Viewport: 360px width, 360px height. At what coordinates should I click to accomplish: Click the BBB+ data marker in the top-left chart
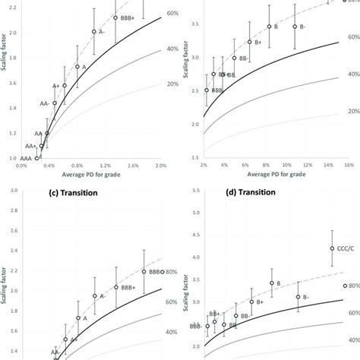click(115, 17)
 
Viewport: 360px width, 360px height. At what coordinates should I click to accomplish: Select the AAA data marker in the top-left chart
click(36, 158)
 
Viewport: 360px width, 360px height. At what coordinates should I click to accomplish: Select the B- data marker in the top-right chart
click(295, 27)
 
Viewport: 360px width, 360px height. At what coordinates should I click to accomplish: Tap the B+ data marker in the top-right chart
click(250, 42)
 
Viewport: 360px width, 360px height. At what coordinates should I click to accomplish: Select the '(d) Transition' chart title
click(270, 192)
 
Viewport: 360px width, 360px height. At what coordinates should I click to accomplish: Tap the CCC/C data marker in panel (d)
click(332, 248)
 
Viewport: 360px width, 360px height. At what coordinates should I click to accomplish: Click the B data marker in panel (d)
click(272, 283)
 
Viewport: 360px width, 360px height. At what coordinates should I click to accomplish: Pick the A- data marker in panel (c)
click(95, 296)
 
